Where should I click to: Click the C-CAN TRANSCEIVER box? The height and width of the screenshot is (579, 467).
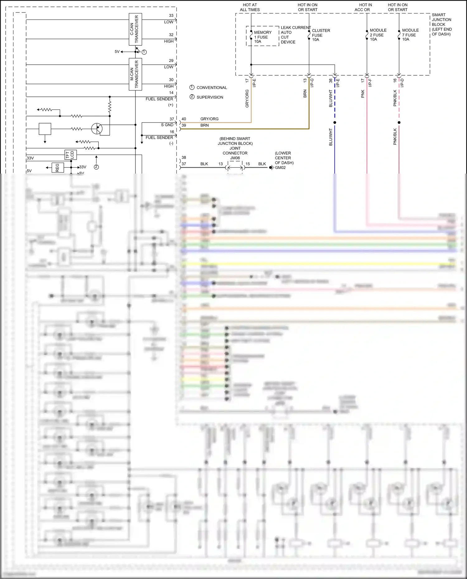[x=135, y=29]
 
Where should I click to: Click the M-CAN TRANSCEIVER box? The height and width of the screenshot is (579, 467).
[x=135, y=74]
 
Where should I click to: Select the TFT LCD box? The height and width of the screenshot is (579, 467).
[x=70, y=155]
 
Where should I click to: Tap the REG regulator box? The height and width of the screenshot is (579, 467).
[x=58, y=168]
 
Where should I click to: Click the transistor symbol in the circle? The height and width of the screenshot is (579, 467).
[x=97, y=128]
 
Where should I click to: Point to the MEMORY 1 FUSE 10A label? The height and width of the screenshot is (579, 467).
[x=262, y=37]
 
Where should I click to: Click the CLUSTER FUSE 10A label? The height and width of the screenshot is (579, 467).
[x=321, y=35]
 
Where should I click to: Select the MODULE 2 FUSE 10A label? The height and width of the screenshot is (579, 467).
[x=378, y=35]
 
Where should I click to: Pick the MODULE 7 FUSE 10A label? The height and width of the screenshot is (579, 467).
[x=410, y=35]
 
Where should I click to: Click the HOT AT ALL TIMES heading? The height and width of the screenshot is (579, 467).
[x=250, y=7]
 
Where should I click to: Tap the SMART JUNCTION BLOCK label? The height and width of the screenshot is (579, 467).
[x=441, y=24]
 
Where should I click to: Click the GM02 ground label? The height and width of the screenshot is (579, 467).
[x=280, y=167]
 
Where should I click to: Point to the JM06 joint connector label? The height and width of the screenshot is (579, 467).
[x=235, y=158]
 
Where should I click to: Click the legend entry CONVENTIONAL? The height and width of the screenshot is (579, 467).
[x=211, y=88]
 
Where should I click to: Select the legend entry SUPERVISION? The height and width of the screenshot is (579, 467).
[x=210, y=97]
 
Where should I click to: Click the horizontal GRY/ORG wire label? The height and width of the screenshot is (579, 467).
[x=209, y=119]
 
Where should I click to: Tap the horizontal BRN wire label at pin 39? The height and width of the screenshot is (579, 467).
[x=205, y=125]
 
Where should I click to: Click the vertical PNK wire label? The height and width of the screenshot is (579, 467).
[x=363, y=94]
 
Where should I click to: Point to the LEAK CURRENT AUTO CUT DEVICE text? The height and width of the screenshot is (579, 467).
[x=295, y=35]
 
